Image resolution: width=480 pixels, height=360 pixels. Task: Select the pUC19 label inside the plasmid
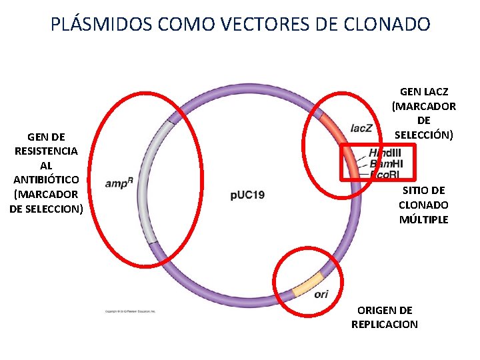coord(247,195)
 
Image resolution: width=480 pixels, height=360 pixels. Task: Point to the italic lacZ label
coord(361,127)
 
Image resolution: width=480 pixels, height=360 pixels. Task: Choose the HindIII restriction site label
coord(385,153)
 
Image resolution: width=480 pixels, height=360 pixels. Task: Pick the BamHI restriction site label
coord(386,163)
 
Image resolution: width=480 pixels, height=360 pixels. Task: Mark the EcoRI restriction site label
coord(384,175)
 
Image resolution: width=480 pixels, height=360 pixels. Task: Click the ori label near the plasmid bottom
coord(321,294)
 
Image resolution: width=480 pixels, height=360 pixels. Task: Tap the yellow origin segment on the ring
coord(307,283)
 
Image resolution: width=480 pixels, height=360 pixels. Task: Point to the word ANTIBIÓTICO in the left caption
coord(46,180)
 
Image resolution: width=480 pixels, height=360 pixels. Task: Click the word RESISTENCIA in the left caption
coord(46,151)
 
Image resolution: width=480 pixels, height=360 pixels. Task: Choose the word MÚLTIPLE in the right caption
coord(424,220)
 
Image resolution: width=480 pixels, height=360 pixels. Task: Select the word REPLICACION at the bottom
coord(385,325)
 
